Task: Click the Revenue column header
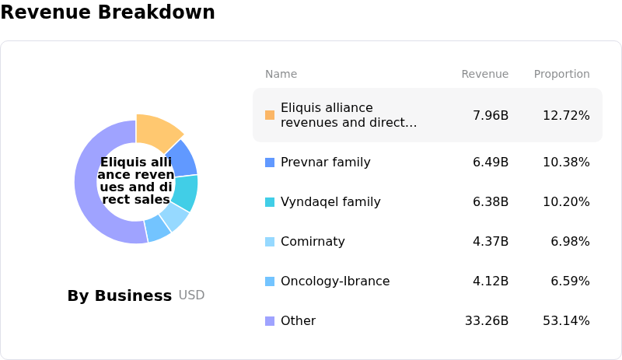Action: pos(484,74)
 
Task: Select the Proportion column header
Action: pos(561,74)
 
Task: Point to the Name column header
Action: pos(281,74)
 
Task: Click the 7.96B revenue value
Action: pos(491,116)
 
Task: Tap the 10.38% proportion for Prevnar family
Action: pos(566,163)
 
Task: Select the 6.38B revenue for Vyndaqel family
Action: pos(491,202)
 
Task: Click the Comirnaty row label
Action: pos(313,242)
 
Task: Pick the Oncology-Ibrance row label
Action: pos(335,281)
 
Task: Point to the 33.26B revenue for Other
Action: pos(487,321)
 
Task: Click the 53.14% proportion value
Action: pos(566,321)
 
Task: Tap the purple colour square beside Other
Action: pos(270,321)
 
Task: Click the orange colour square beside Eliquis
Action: pos(270,115)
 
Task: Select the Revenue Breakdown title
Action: pos(108,12)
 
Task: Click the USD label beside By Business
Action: pos(191,295)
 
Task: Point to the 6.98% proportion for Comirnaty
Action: pos(570,242)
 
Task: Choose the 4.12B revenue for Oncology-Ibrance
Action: pos(491,281)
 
